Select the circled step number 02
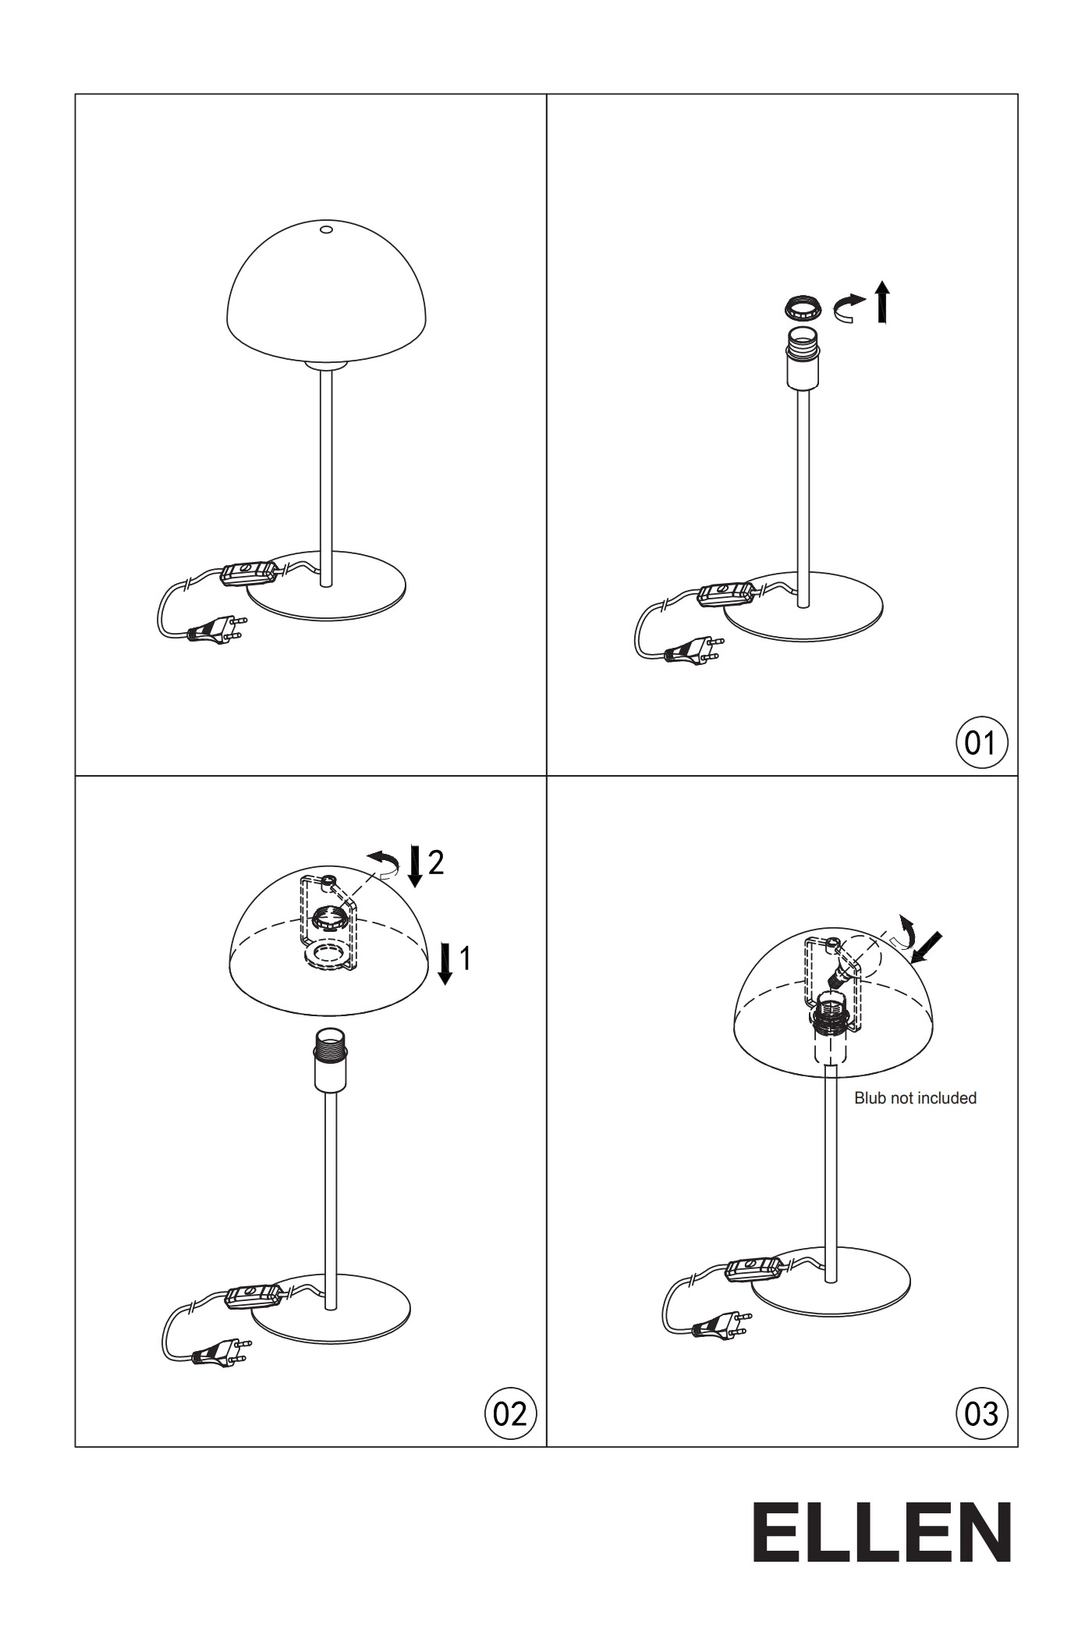tap(511, 1413)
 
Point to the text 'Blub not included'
tap(915, 1098)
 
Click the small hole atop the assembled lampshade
tap(326, 230)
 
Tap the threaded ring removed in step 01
tap(803, 307)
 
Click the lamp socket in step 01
tap(803, 358)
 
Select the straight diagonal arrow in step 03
tap(927, 947)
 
